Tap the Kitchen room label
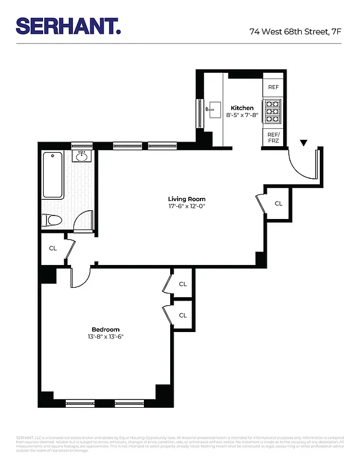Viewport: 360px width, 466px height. tap(242, 108)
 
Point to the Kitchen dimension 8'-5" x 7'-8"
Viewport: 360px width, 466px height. tap(242, 115)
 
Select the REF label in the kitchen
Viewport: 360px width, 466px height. tap(273, 87)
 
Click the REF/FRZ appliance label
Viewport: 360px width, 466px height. tap(273, 137)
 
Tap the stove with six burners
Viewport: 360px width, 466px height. tap(273, 112)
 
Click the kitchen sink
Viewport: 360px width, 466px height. tap(211, 108)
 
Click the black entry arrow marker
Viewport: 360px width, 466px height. tap(303, 143)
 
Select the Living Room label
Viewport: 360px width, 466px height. tap(186, 199)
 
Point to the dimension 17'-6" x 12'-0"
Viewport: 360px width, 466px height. tap(186, 206)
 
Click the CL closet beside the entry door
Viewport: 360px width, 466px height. tap(278, 203)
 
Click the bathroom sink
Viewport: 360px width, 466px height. tap(82, 156)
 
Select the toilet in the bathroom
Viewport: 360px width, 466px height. tap(52, 220)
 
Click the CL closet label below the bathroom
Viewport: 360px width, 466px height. tap(52, 248)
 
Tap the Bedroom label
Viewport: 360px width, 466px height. tap(105, 329)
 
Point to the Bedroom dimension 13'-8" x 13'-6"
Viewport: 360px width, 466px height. tap(105, 337)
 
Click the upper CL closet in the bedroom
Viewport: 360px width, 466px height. tap(182, 284)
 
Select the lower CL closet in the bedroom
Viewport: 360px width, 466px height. tap(182, 315)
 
